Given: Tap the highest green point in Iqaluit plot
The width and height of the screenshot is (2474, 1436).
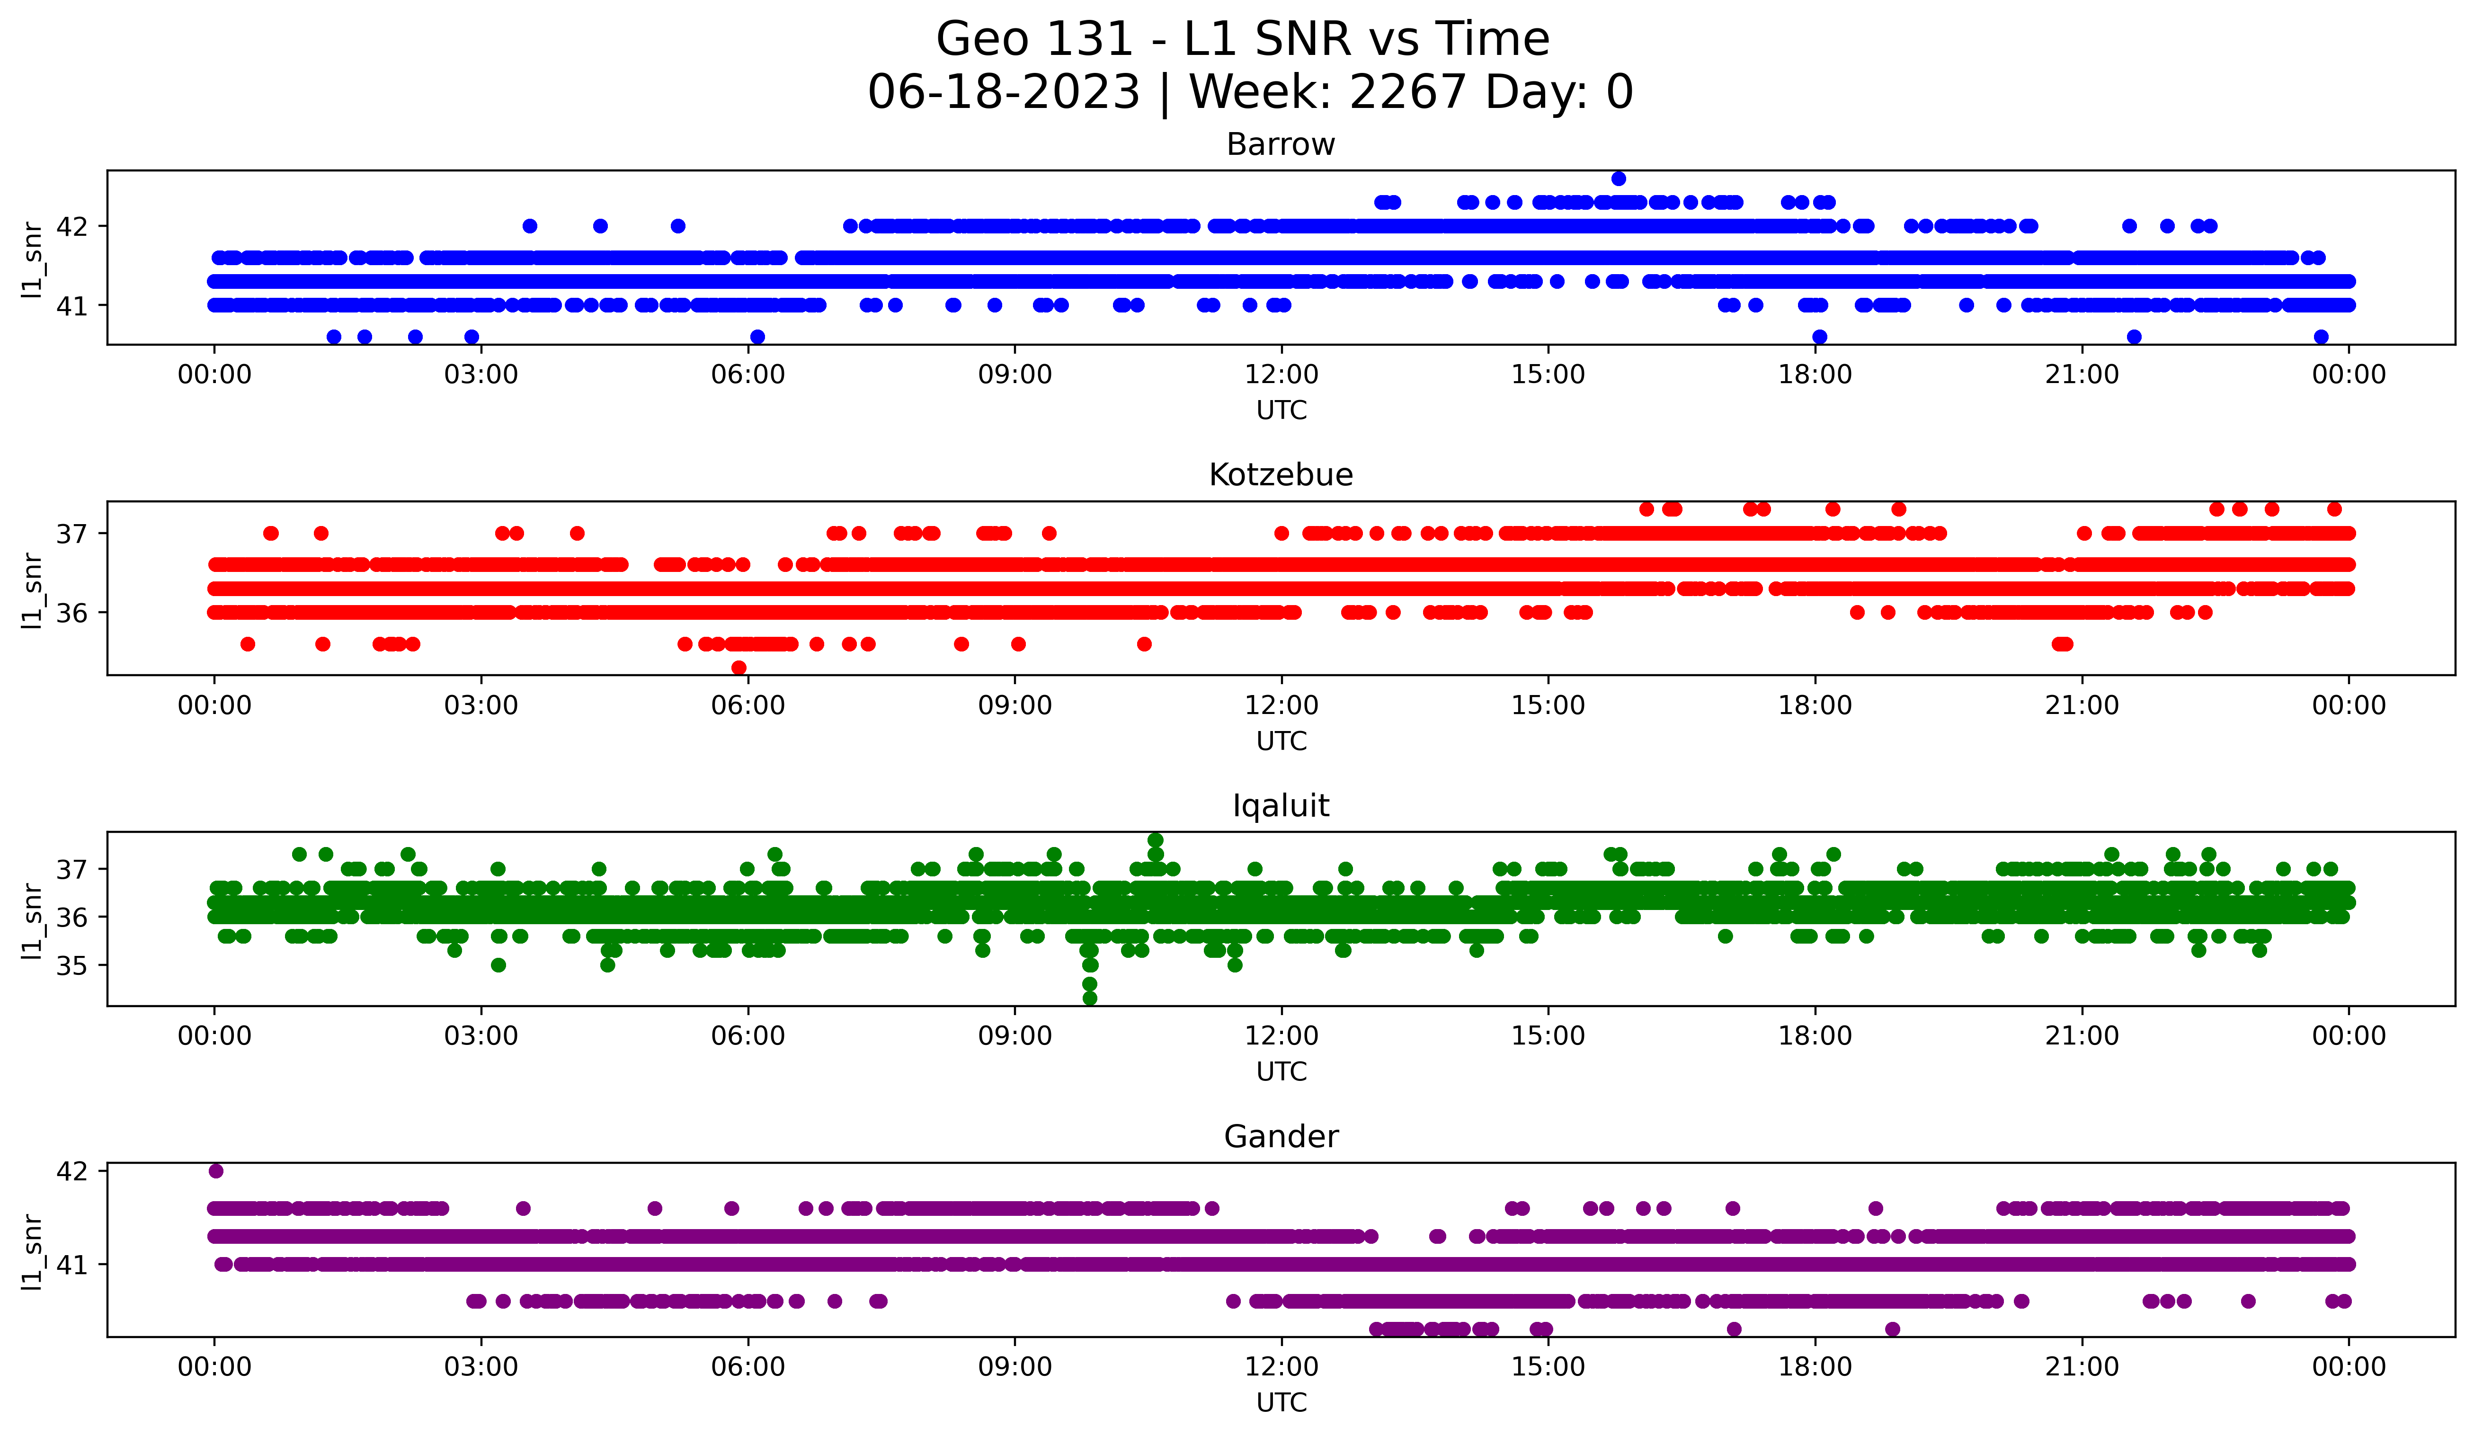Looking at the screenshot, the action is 1156,840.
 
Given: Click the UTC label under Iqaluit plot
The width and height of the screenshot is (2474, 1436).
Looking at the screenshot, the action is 1281,1072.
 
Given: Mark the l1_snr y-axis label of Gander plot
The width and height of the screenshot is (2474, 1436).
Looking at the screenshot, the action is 32,1251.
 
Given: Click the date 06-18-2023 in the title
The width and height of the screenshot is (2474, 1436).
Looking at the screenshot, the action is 1003,92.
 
